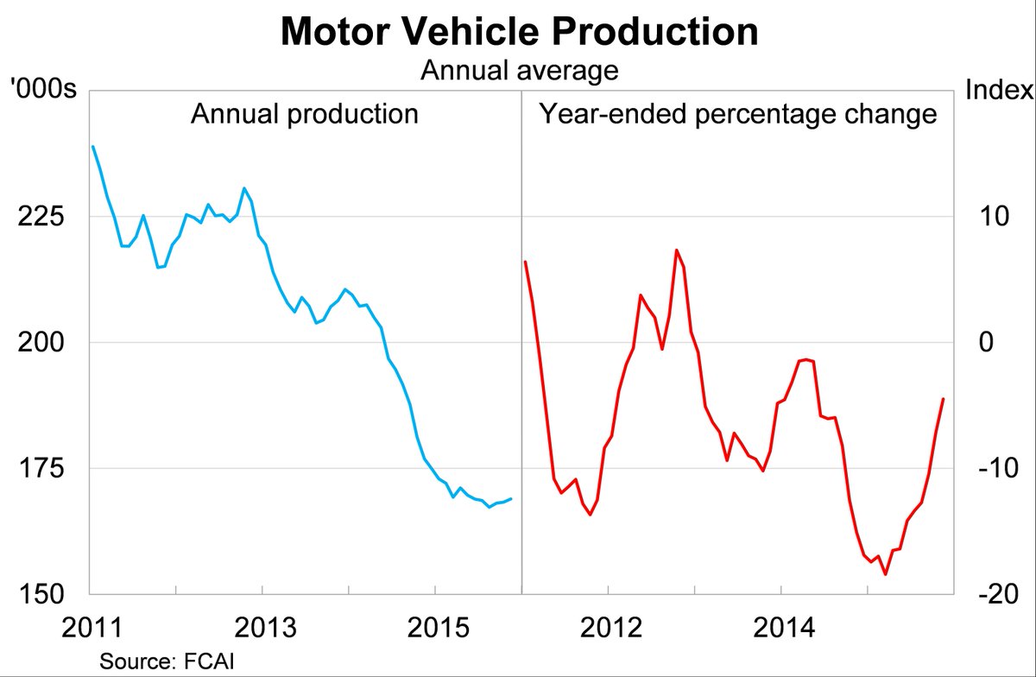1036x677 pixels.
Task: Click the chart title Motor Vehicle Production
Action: coord(519,32)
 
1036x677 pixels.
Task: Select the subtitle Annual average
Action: coord(519,71)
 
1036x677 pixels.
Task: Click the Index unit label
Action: coord(998,90)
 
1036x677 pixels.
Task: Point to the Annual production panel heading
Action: coord(305,114)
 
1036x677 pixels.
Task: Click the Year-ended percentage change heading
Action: coord(738,114)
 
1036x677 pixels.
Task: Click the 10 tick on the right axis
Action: coord(994,217)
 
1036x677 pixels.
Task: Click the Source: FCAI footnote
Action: coord(167,661)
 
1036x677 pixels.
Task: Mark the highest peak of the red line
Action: coord(676,250)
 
